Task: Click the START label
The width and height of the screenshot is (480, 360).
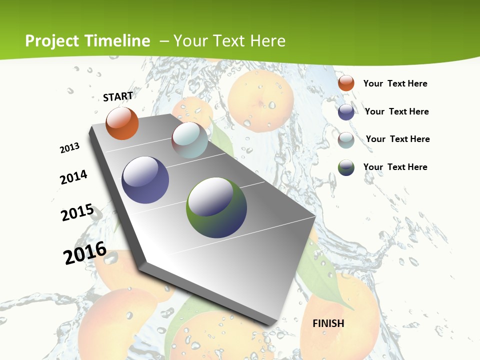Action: [118, 96]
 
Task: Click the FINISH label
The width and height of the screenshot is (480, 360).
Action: [328, 323]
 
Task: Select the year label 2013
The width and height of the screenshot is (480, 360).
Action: [70, 148]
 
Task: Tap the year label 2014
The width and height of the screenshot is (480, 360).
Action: [74, 177]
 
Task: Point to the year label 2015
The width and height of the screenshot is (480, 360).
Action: [77, 212]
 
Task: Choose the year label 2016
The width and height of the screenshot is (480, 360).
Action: [85, 252]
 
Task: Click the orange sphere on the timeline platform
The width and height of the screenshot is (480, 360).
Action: [122, 123]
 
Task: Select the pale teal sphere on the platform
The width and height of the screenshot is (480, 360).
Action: [189, 140]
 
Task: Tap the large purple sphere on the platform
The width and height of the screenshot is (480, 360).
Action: [145, 180]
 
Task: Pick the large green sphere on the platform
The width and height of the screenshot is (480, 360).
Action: [216, 207]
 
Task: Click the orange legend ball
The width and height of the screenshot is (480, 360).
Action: [346, 83]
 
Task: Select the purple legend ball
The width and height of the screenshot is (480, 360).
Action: [346, 112]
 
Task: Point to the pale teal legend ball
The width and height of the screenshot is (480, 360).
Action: [346, 140]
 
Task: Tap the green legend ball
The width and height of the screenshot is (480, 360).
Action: [346, 167]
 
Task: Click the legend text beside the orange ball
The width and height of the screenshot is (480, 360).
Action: [395, 83]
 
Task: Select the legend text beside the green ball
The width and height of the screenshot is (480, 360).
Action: [395, 167]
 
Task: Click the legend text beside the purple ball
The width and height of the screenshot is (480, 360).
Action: [396, 111]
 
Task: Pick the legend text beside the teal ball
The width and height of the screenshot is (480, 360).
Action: [397, 139]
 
